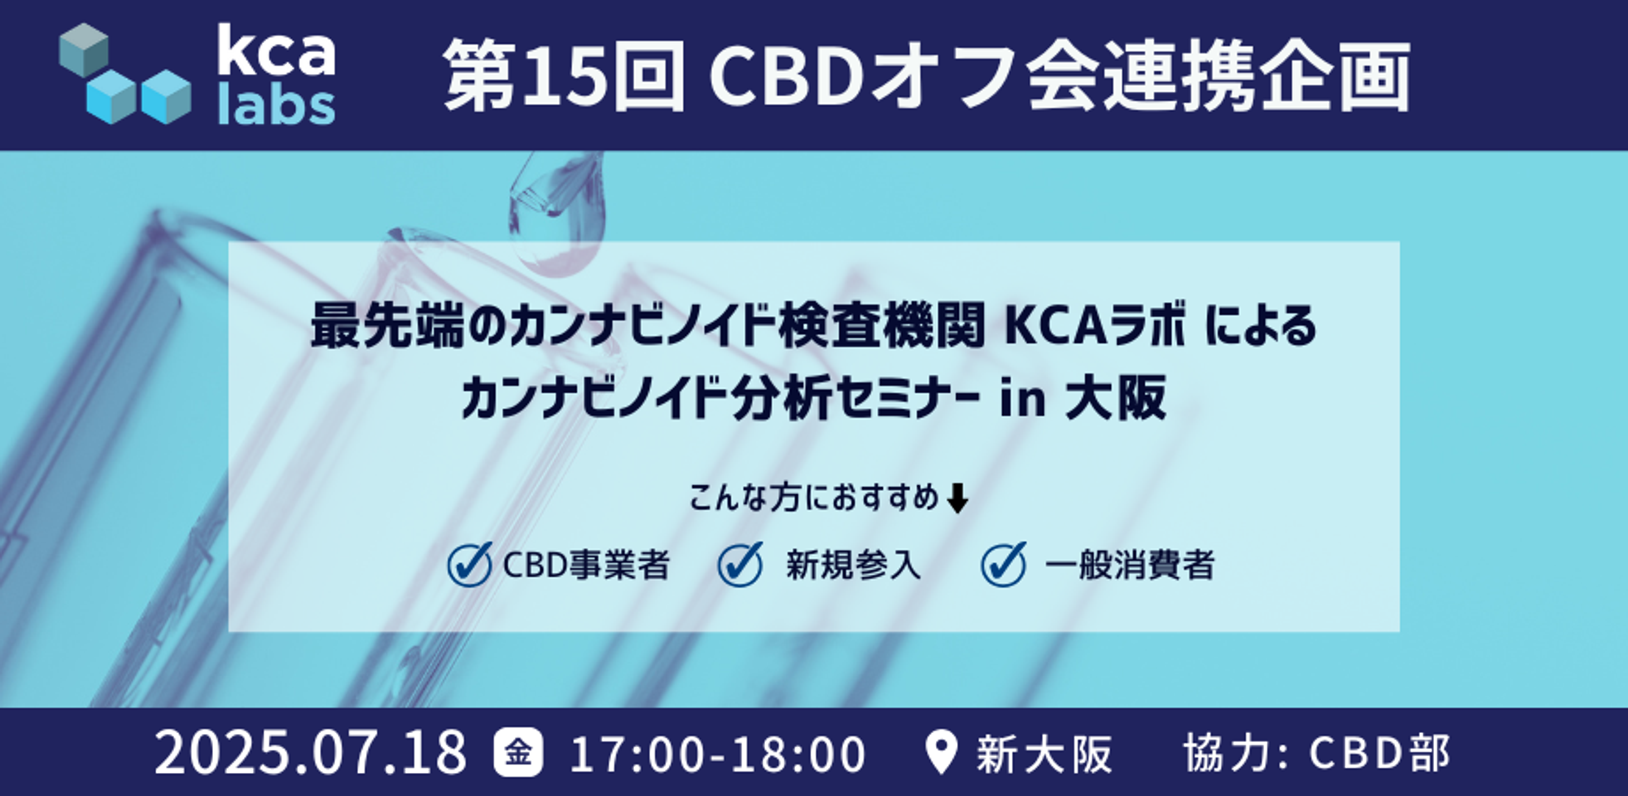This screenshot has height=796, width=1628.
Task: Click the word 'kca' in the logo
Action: [x=276, y=51]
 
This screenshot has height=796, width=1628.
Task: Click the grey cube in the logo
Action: [x=84, y=49]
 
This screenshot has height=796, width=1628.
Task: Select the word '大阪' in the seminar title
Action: [x=1115, y=398]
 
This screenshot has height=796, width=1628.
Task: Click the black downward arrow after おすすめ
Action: [x=957, y=499]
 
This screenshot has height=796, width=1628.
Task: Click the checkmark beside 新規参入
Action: [x=740, y=564]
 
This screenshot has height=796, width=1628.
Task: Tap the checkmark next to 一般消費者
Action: [x=1003, y=564]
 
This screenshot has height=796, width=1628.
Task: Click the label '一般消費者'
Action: [x=1129, y=565]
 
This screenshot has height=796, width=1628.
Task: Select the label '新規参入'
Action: [x=853, y=565]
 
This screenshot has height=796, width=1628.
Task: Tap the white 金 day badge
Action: [x=518, y=752]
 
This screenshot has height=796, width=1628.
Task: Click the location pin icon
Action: [x=940, y=752]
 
